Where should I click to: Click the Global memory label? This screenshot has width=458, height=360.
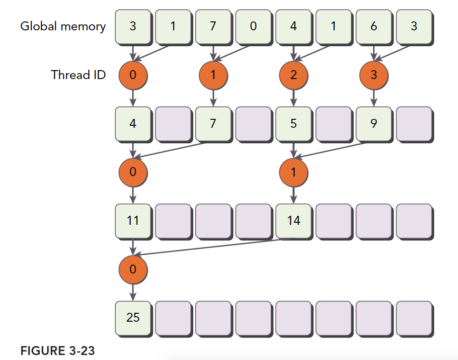(x=63, y=26)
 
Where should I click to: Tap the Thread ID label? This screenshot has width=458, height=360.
(x=78, y=75)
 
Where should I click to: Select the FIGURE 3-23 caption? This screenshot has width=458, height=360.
(x=57, y=351)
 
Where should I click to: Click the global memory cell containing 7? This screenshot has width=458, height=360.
(x=213, y=27)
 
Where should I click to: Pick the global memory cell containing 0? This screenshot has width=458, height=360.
(x=253, y=27)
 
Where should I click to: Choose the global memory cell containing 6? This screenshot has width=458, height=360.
(x=374, y=27)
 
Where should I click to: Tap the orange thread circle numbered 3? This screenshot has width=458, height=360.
(x=374, y=75)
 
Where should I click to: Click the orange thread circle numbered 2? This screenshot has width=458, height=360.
(x=293, y=75)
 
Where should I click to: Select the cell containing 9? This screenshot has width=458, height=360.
(x=374, y=123)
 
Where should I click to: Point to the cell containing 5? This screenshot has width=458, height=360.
(x=293, y=123)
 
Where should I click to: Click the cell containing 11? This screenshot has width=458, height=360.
(x=133, y=220)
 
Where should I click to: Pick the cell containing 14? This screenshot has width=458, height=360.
(x=293, y=220)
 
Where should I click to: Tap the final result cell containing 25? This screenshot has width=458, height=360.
(x=133, y=316)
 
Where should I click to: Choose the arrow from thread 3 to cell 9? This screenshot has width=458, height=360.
(x=374, y=98)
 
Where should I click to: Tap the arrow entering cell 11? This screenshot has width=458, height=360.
(x=133, y=196)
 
